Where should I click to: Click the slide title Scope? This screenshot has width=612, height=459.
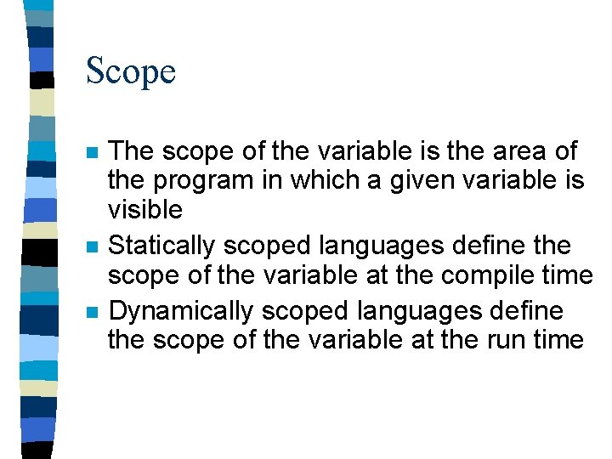click(131, 71)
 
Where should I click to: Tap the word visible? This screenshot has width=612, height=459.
click(145, 209)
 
